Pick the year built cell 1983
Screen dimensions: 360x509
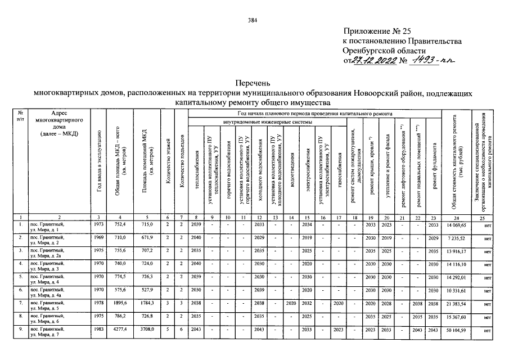pyautogui.click(x=98, y=330)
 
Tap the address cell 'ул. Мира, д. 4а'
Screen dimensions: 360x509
pyautogui.click(x=47, y=294)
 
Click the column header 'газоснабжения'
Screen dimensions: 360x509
pyautogui.click(x=340, y=169)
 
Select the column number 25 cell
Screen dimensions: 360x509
pyautogui.click(x=482, y=217)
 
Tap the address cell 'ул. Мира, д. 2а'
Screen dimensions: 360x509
pyautogui.click(x=47, y=254)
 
